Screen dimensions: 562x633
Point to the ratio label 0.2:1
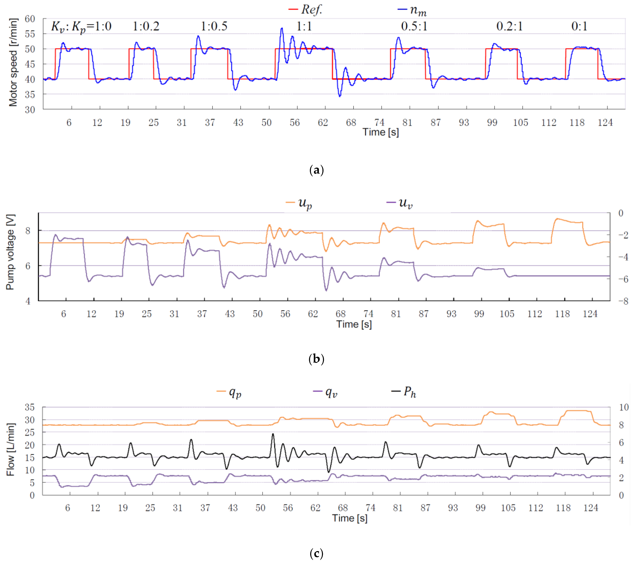click(x=509, y=26)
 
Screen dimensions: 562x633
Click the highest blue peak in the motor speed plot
click(x=282, y=28)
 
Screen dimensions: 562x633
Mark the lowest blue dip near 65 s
click(x=340, y=96)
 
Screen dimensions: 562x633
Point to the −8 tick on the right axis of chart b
click(x=623, y=301)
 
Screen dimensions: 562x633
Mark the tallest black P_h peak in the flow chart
click(x=273, y=434)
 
